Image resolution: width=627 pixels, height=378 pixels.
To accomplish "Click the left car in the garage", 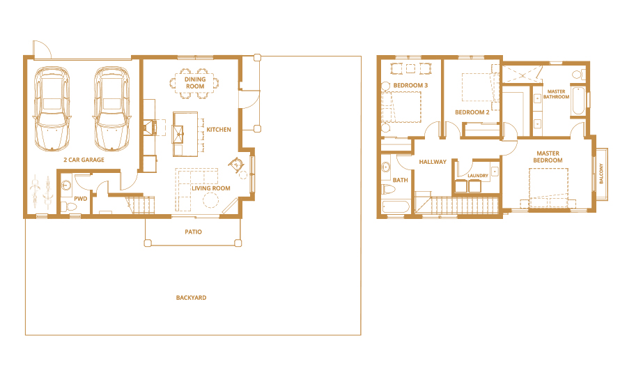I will coord(53,108).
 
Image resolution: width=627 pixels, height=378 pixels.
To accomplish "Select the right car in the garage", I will coord(112,108).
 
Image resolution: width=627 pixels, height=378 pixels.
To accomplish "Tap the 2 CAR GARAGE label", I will coord(84,160).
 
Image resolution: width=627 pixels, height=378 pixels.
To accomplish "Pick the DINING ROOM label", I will coord(195,82).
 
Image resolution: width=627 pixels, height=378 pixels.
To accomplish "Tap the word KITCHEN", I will coord(218,130).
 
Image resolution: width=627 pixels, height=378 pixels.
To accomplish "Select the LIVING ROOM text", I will coord(211,188).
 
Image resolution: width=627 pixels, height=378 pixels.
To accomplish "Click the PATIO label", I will coord(193,232).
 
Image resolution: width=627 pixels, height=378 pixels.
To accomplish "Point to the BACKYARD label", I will coord(191,298).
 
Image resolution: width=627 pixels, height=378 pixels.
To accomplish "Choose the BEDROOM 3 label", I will coord(410,86).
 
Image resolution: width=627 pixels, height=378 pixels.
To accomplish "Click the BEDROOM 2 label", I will coord(472,112).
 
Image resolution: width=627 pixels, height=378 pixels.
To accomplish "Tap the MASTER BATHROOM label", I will coord(557,94).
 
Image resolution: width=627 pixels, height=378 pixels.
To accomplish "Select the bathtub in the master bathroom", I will coord(578,102).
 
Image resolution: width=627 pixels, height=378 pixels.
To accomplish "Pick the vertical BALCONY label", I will coord(602,174).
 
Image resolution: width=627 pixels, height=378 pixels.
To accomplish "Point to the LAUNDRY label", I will coord(478,176).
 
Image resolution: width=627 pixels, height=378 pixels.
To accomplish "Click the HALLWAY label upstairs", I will coord(433,162).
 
